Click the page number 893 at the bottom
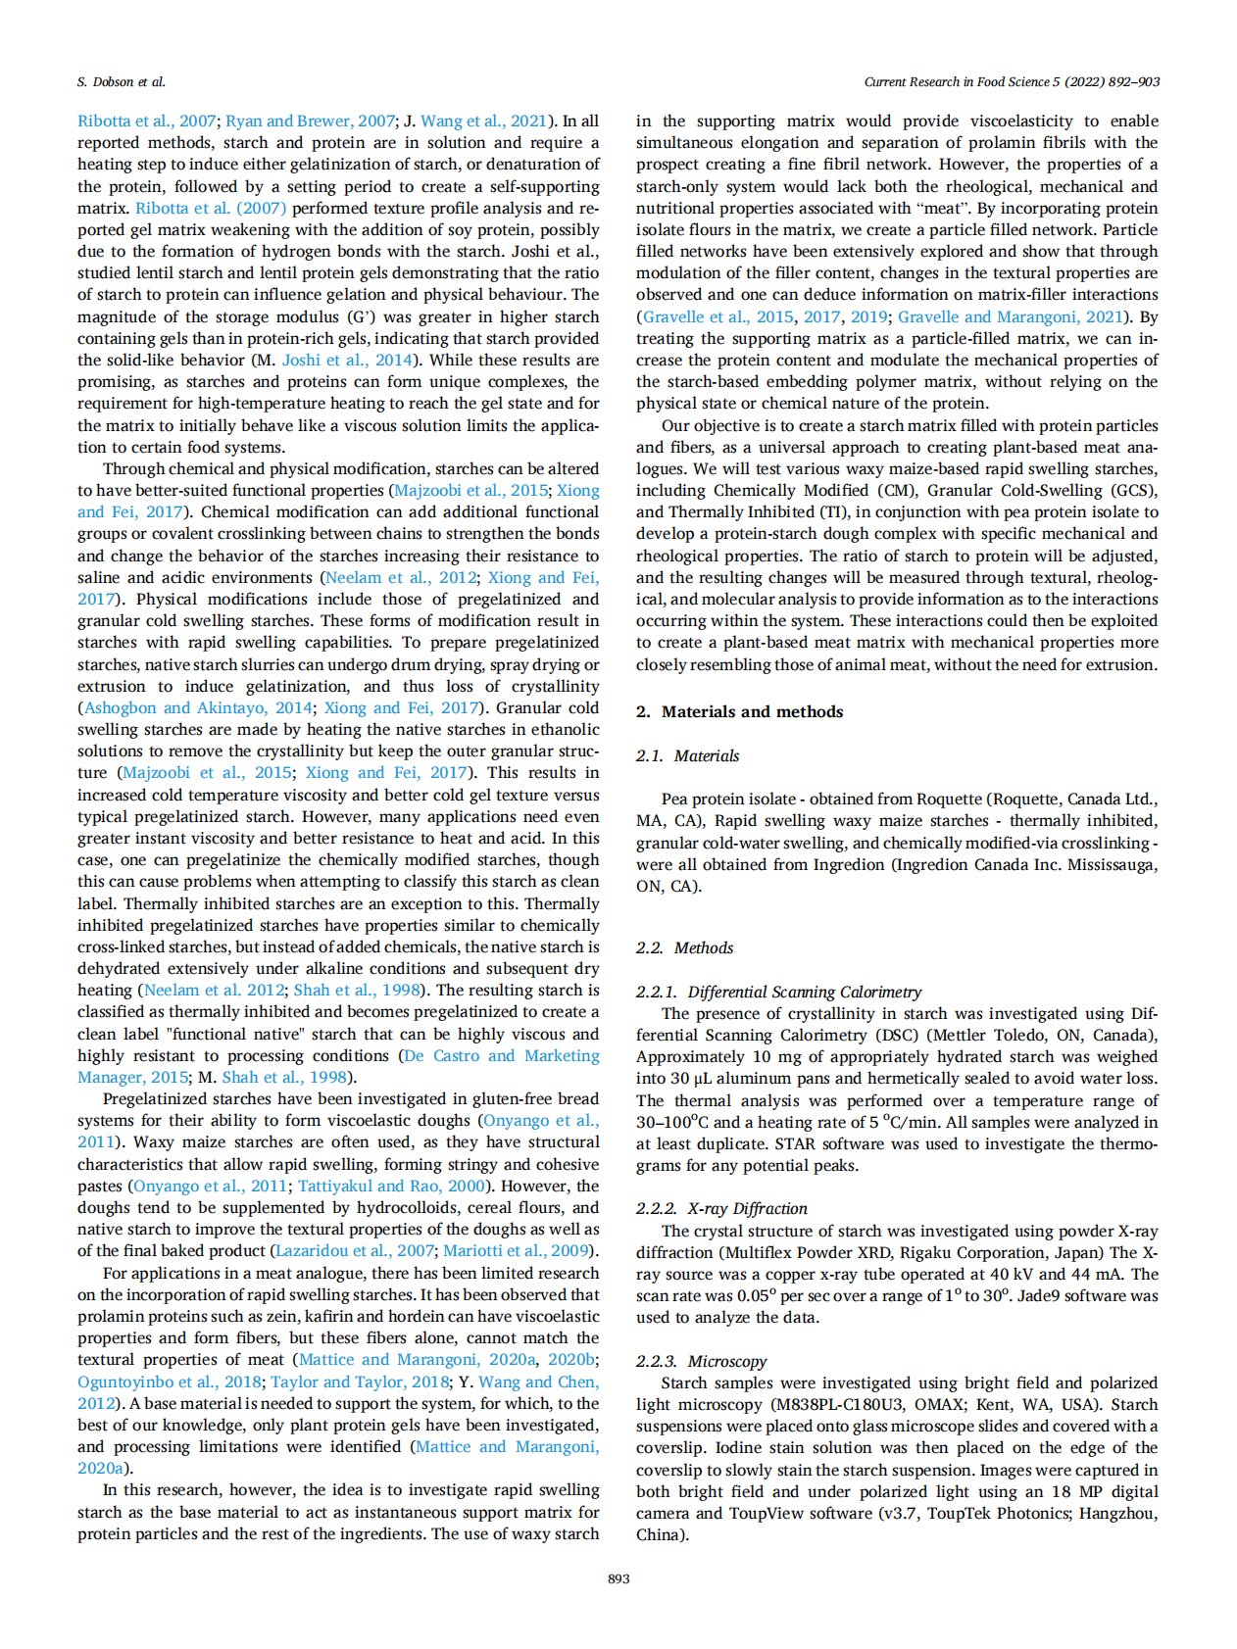pos(618,1578)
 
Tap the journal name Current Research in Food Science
pos(957,82)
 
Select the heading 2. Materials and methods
pos(740,712)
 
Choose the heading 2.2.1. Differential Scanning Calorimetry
pos(778,993)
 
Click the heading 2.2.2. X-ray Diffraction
pos(721,1209)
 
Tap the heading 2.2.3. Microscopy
pos(701,1362)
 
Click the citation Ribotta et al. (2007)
pos(211,209)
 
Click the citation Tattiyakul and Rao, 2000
pos(393,1187)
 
